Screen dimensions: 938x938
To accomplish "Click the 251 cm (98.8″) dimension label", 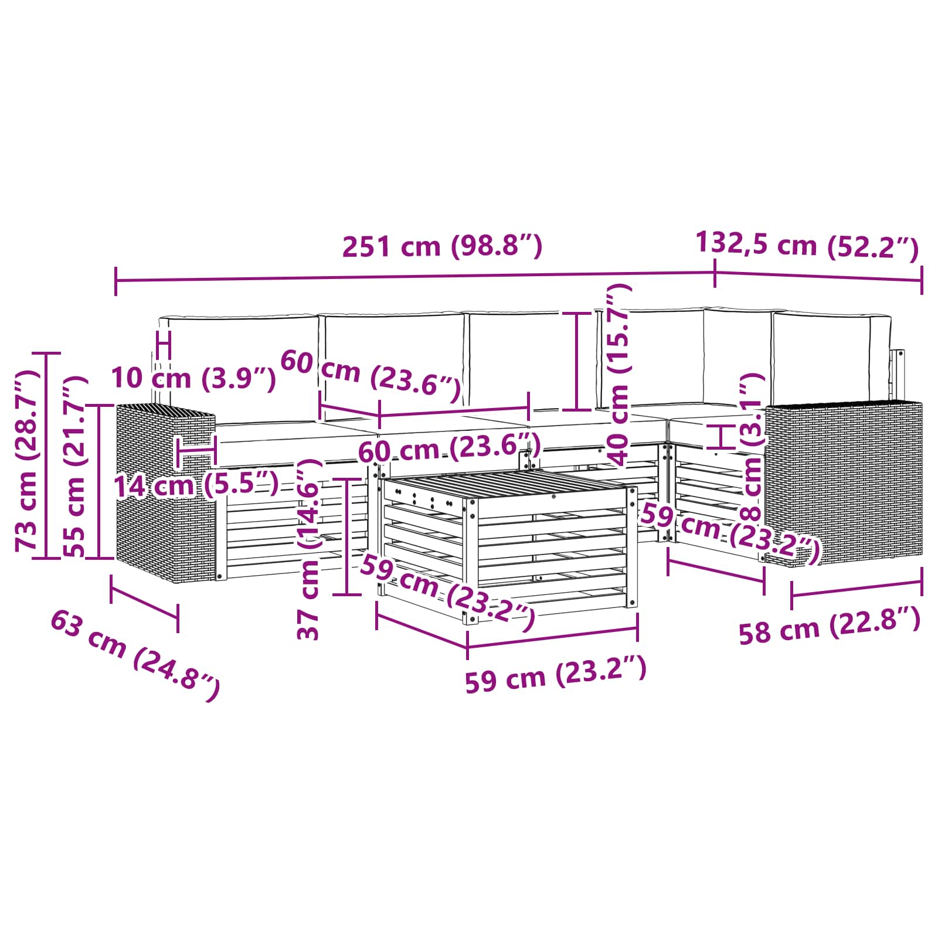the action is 442,246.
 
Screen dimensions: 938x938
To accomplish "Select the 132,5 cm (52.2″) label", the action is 807,244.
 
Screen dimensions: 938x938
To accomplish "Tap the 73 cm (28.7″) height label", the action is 27,461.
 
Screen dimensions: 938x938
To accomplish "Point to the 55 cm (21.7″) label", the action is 75,466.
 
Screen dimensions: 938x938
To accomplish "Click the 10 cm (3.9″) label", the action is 193,378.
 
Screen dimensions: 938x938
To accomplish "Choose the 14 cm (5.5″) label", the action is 196,485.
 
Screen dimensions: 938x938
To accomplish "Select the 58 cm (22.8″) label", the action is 829,626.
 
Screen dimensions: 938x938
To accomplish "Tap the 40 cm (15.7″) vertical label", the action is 618,374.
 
